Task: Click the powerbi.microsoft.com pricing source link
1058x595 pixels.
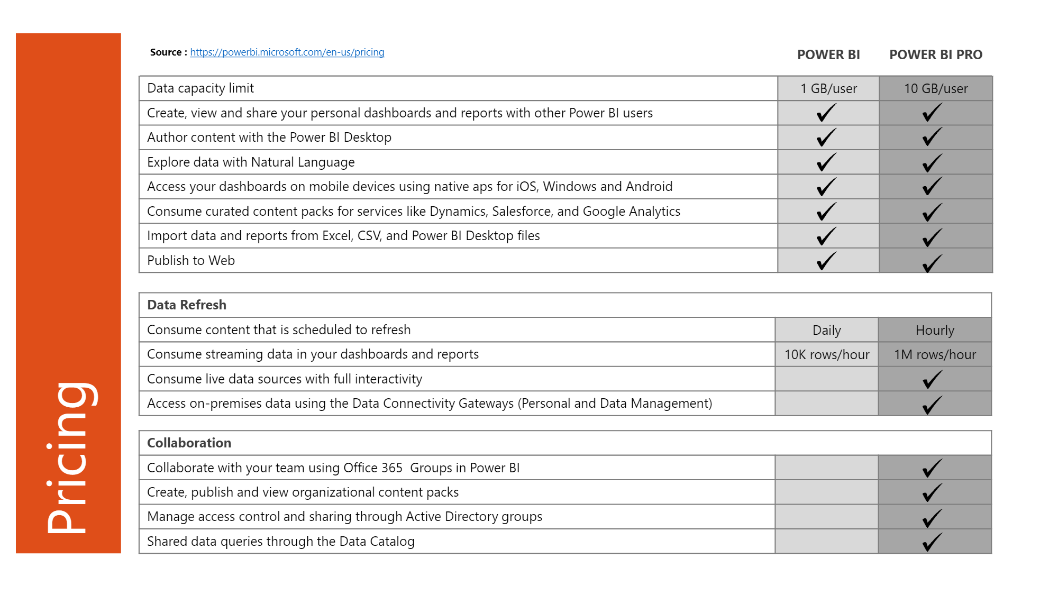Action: coord(287,52)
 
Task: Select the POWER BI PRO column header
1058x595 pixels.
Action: coord(935,55)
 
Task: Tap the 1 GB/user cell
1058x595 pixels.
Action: coord(828,89)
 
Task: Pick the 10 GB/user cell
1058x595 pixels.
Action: coord(935,89)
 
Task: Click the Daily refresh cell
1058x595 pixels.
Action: coord(826,331)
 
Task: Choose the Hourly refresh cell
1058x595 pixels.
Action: coord(935,331)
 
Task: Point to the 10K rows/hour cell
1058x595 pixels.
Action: coord(826,355)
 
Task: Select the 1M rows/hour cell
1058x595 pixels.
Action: coord(935,355)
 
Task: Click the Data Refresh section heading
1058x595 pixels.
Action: coord(187,305)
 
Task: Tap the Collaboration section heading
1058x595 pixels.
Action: coord(189,443)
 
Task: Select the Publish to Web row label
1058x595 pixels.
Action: coord(191,261)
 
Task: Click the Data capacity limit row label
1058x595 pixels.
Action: coord(200,88)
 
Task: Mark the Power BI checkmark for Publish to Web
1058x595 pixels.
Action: coord(826,261)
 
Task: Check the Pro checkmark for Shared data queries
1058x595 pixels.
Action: coord(932,542)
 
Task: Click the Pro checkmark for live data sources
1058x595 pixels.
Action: coord(932,379)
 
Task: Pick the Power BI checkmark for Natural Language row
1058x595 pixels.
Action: coord(826,162)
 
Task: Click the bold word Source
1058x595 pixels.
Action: coord(166,52)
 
